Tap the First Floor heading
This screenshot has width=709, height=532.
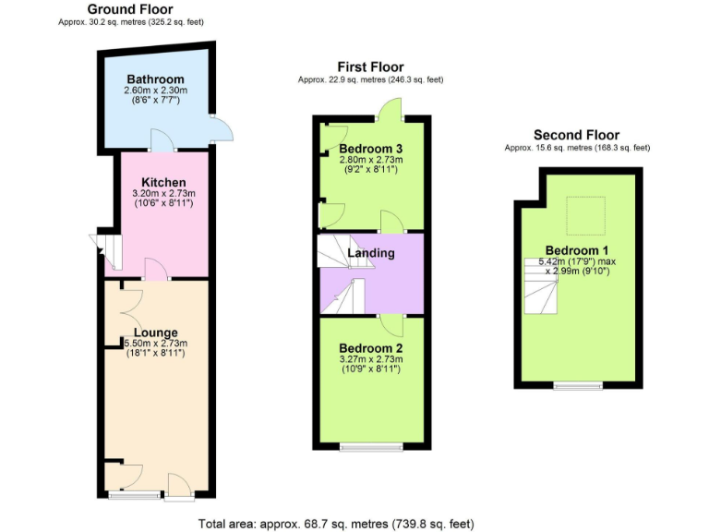pyautogui.click(x=370, y=67)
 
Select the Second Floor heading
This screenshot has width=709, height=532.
pyautogui.click(x=576, y=135)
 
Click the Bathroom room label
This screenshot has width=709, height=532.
pyautogui.click(x=155, y=79)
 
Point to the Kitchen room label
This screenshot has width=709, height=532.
pyautogui.click(x=164, y=182)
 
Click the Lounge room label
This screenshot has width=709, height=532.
pyautogui.click(x=155, y=332)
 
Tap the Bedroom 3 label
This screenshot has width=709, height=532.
pyautogui.click(x=371, y=149)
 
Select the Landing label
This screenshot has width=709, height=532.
pyautogui.click(x=371, y=253)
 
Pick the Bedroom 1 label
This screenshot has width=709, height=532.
pyautogui.click(x=577, y=250)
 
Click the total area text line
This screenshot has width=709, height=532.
pyautogui.click(x=336, y=524)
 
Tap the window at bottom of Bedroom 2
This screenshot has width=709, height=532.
pyautogui.click(x=371, y=448)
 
